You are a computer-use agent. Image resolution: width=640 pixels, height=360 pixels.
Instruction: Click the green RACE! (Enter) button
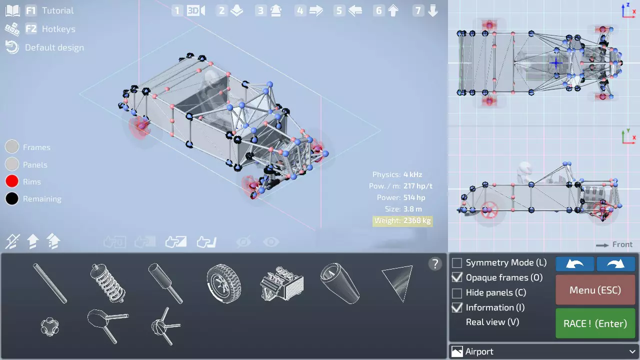(595, 323)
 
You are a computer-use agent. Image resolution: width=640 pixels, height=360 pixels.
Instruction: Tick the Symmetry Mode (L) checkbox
(457, 262)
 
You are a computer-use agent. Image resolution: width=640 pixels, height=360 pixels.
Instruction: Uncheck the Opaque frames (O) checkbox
(457, 277)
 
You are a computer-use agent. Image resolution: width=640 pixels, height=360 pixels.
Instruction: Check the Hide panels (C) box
(457, 292)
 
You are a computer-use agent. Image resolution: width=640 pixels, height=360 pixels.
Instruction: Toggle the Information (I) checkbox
(457, 307)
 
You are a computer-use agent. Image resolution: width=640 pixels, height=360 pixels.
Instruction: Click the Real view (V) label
(492, 322)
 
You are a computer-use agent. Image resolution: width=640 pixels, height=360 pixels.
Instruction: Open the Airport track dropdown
(544, 351)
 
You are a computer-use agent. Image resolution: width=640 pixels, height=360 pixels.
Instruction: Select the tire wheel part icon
(223, 283)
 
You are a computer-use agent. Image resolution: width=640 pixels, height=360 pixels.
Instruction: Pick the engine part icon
(281, 283)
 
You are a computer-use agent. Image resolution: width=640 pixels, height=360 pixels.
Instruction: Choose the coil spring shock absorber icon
(107, 283)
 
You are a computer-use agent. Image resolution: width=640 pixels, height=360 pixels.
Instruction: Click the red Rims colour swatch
(12, 181)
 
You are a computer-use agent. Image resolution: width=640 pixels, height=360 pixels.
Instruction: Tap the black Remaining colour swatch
(12, 198)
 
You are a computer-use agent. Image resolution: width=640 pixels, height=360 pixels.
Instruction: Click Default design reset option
(44, 47)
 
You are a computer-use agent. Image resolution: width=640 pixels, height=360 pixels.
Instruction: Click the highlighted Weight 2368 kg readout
(402, 221)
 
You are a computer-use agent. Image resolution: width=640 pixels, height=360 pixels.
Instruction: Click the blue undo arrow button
(575, 263)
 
